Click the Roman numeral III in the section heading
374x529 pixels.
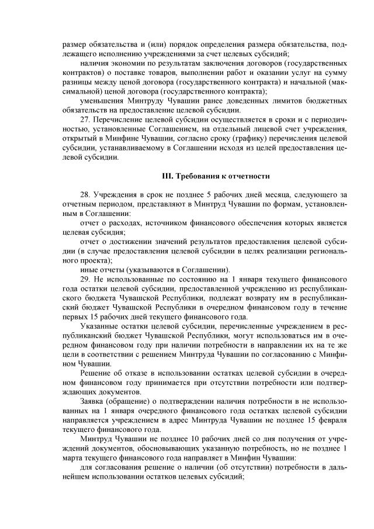[166, 176]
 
